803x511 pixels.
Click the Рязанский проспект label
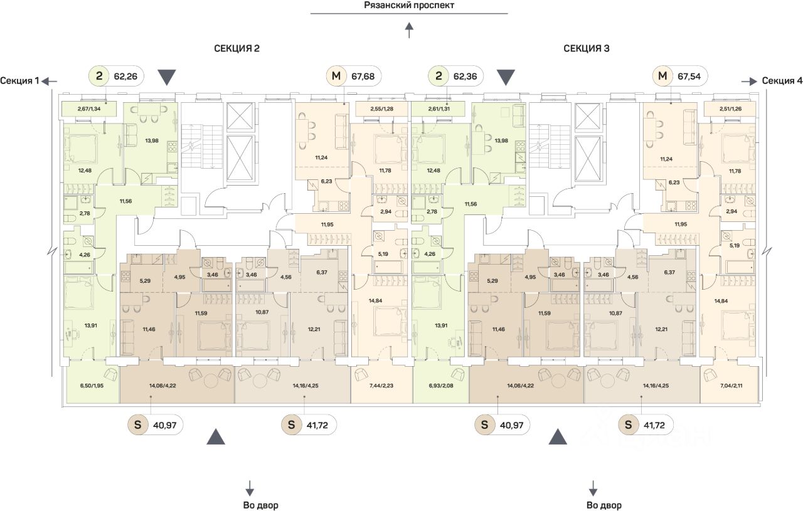point(408,6)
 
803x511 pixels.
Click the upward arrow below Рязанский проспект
point(409,29)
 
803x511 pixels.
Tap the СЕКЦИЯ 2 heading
point(237,48)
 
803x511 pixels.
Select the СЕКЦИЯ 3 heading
point(587,48)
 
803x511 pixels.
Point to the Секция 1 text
point(19,80)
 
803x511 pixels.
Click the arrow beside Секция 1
point(50,80)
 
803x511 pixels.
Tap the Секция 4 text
point(782,80)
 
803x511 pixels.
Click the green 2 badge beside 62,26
point(100,77)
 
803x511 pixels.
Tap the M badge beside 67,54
point(662,77)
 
